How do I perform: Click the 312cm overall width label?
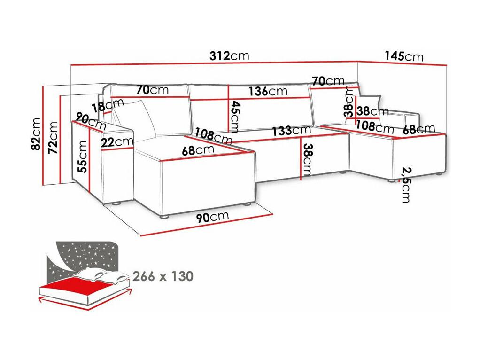tap(229, 56)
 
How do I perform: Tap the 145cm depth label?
tap(404, 56)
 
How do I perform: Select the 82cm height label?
tap(36, 134)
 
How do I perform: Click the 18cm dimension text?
tap(108, 106)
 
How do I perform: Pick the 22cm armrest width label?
tap(117, 142)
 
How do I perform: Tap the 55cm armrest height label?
tap(83, 157)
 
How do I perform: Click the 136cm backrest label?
tap(268, 91)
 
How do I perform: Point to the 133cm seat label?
tap(292, 131)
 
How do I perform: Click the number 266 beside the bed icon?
tap(144, 276)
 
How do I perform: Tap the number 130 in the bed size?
tap(182, 276)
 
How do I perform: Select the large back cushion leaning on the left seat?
tap(134, 119)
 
